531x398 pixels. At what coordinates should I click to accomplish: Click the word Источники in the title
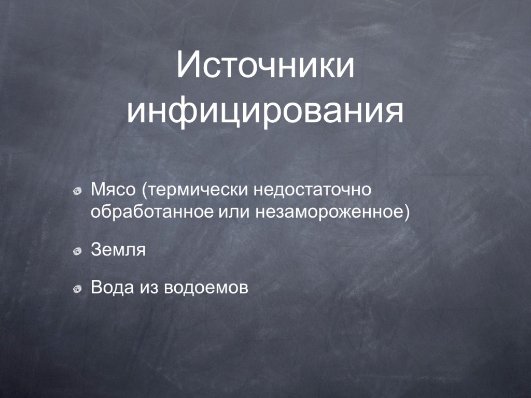265,64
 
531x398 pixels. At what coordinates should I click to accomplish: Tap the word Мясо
113,190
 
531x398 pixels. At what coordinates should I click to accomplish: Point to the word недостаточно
312,190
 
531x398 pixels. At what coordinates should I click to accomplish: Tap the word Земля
118,250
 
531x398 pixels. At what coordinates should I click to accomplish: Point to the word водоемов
206,288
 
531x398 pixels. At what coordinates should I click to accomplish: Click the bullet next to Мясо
78,191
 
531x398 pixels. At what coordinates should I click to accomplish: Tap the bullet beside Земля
78,251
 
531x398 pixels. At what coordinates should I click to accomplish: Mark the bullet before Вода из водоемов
78,288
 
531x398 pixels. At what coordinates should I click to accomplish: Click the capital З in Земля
96,250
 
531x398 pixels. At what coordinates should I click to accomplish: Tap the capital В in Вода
96,287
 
